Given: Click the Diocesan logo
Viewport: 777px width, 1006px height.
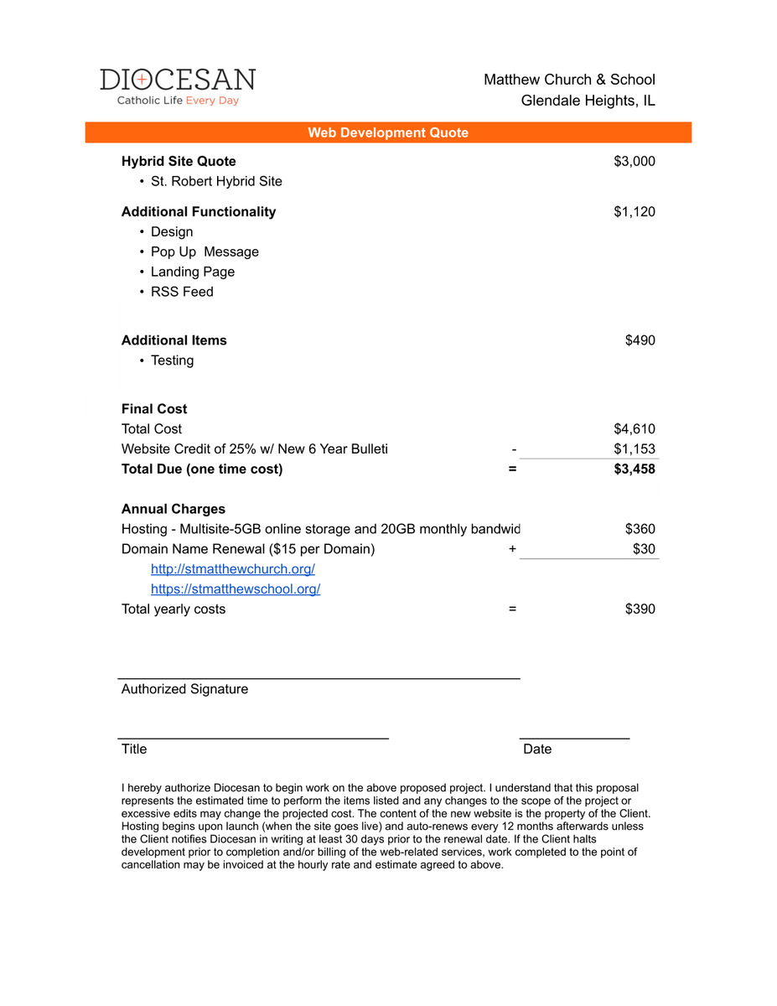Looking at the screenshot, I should pyautogui.click(x=178, y=86).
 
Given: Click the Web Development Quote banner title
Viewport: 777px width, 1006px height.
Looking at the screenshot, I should pyautogui.click(x=388, y=132).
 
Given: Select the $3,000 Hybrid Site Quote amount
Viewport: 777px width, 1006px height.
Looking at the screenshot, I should pyautogui.click(x=635, y=161).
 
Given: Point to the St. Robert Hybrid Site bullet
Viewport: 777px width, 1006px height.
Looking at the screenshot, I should pyautogui.click(x=216, y=181).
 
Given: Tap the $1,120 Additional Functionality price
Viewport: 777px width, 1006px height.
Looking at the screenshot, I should pyautogui.click(x=635, y=211).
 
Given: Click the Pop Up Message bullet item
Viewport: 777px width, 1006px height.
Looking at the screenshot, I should pyautogui.click(x=205, y=251).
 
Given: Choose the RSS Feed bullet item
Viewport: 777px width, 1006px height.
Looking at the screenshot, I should pyautogui.click(x=182, y=292).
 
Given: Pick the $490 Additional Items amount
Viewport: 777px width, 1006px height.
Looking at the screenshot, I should pyautogui.click(x=640, y=340).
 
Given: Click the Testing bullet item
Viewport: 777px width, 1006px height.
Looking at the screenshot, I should pyautogui.click(x=172, y=360).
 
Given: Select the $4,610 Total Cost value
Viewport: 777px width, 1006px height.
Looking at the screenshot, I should pyautogui.click(x=635, y=428).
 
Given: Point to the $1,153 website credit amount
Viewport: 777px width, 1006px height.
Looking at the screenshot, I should pyautogui.click(x=635, y=449).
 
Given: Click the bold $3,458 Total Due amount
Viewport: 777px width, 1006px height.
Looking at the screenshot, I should pyautogui.click(x=635, y=469).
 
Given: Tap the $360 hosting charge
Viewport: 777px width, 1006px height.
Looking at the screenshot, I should pyautogui.click(x=640, y=529).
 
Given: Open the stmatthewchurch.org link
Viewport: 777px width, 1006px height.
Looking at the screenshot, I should pyautogui.click(x=233, y=569).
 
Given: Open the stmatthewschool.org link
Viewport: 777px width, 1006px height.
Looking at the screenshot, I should pyautogui.click(x=236, y=589).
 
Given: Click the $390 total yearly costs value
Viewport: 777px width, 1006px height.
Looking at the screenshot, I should pyautogui.click(x=640, y=609).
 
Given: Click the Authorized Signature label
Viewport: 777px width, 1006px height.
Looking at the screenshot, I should pyautogui.click(x=184, y=689).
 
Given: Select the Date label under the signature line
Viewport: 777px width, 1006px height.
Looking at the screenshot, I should pyautogui.click(x=537, y=749).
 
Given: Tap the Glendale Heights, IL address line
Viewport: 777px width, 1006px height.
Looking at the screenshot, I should pyautogui.click(x=588, y=101).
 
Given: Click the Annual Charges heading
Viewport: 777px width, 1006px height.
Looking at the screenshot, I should pyautogui.click(x=174, y=509).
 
